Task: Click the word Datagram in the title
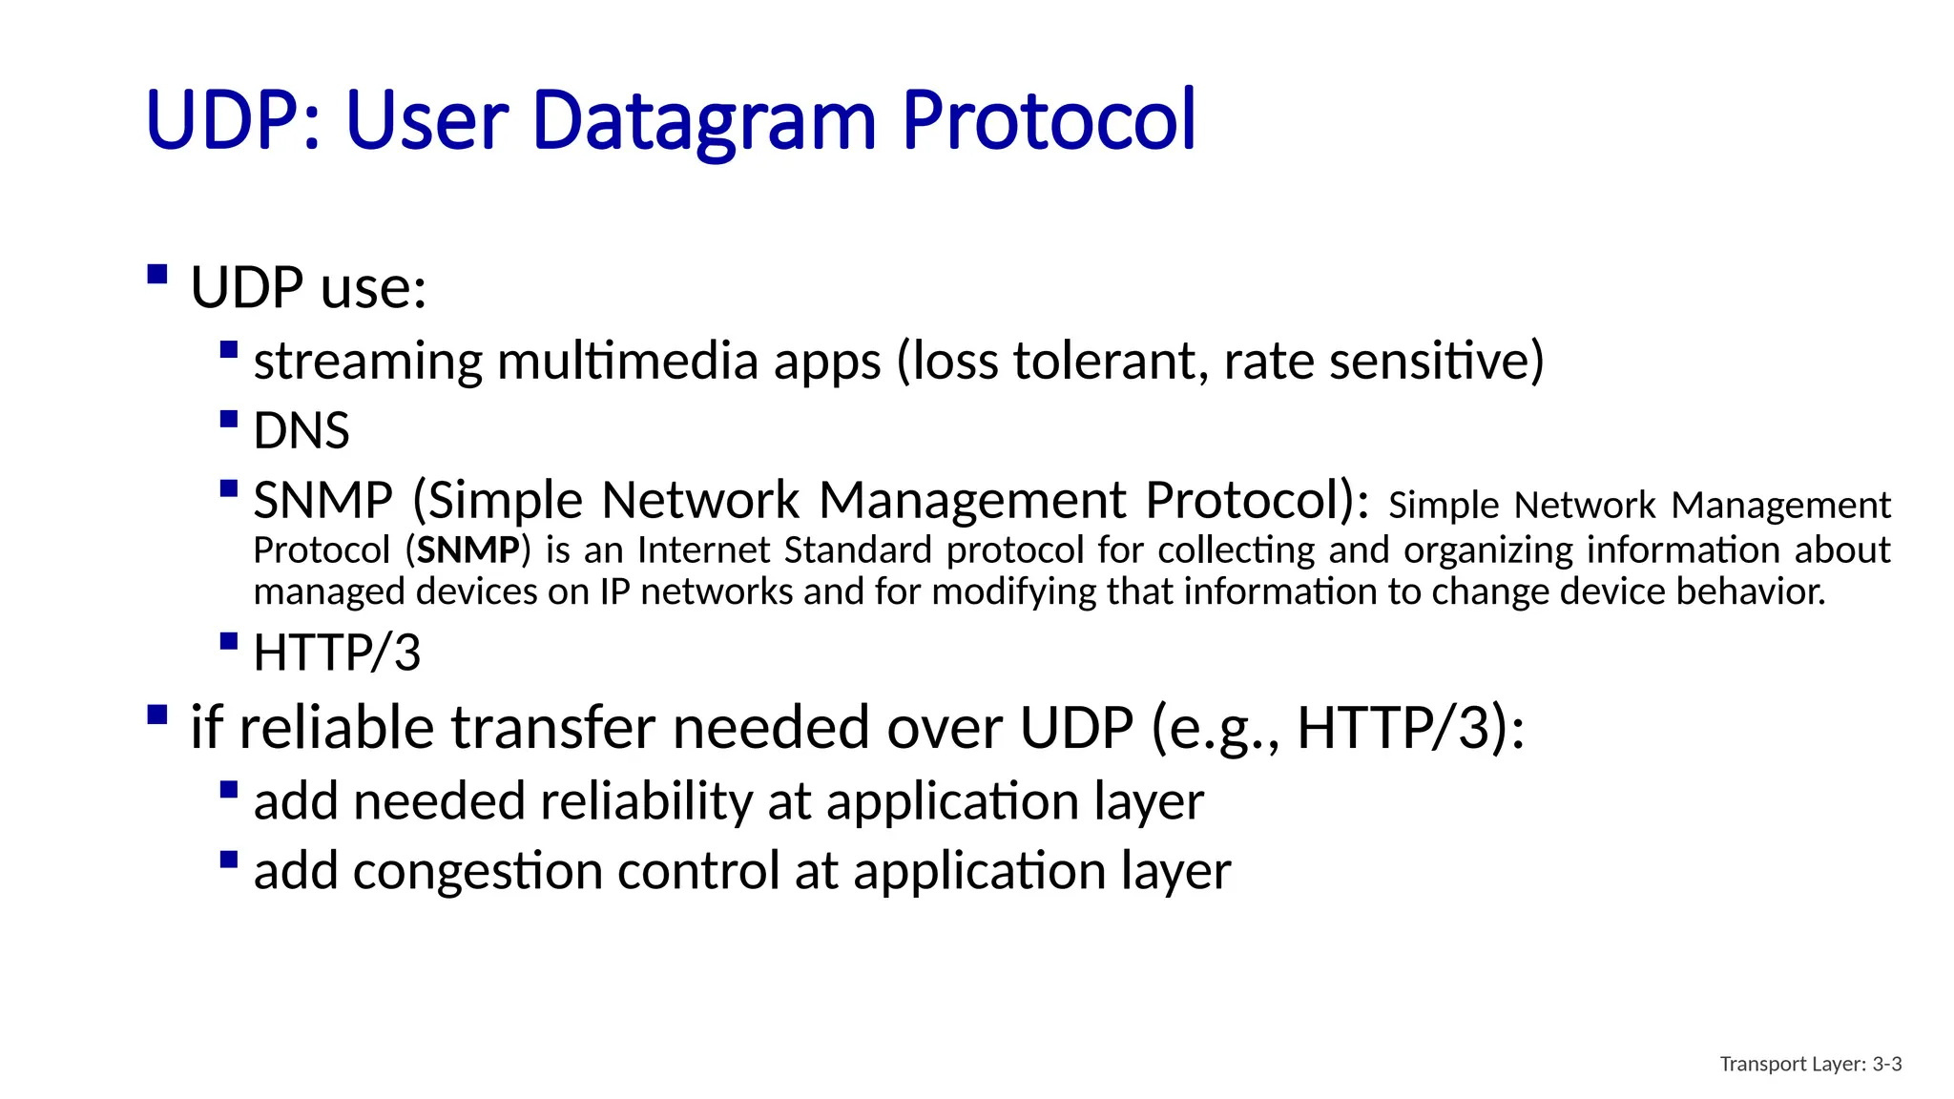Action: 704,122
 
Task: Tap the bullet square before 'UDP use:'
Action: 157,276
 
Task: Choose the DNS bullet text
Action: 301,431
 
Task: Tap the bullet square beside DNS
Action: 228,419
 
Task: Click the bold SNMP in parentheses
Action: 468,550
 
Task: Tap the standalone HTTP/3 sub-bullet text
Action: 337,653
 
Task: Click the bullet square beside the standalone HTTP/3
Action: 228,640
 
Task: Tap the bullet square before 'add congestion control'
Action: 228,860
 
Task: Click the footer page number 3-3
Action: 1886,1064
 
